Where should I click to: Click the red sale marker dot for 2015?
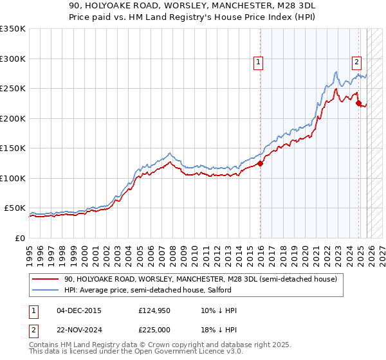[261, 163]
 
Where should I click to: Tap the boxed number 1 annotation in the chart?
[258, 62]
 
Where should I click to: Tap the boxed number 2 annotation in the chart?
[356, 62]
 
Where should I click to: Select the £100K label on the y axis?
[13, 178]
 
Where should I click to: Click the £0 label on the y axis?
[19, 238]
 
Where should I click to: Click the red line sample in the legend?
[46, 279]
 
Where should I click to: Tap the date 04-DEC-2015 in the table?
[78, 310]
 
